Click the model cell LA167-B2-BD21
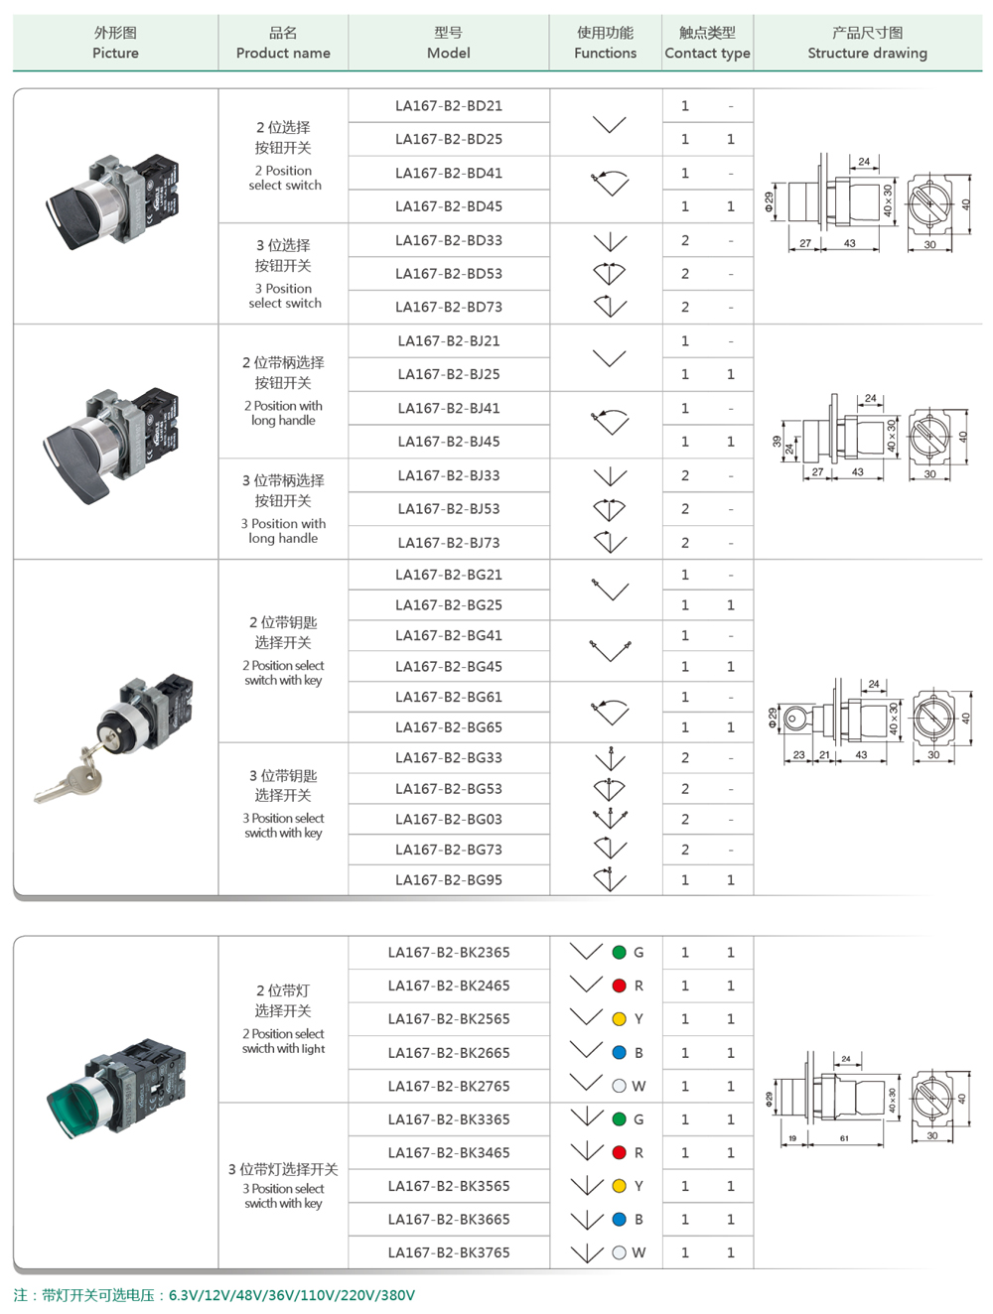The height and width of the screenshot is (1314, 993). [x=448, y=106]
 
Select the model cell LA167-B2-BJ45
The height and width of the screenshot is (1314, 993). [x=448, y=442]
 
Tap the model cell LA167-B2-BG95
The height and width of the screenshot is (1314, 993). [x=448, y=880]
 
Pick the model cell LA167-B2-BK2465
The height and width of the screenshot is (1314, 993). [x=448, y=985]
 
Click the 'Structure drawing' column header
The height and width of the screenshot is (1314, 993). [x=867, y=44]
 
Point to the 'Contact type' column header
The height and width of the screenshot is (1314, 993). [x=707, y=44]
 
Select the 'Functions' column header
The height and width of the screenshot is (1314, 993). [x=605, y=44]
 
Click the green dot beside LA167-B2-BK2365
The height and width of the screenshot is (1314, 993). [x=620, y=953]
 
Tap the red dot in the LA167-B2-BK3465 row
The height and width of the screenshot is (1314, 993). [x=620, y=1153]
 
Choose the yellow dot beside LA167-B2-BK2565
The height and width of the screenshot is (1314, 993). [x=620, y=1019]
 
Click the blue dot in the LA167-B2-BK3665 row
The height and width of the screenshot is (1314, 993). [x=620, y=1220]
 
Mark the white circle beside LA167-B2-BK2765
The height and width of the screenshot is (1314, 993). [x=620, y=1087]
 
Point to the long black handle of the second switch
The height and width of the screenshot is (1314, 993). [x=79, y=457]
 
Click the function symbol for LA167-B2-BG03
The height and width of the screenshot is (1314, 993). [x=610, y=820]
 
